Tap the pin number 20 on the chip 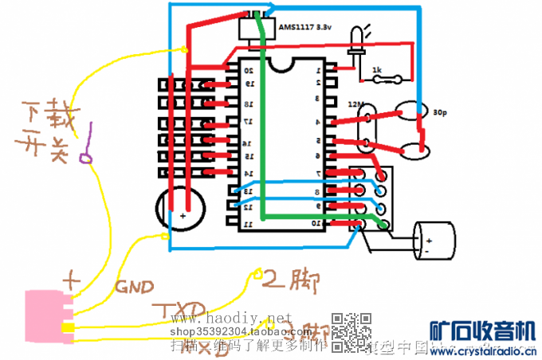tap(249, 70)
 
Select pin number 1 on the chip tap(317, 69)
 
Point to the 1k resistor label tap(378, 71)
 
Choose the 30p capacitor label tap(440, 113)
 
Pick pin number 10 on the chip tap(317, 224)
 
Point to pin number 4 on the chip tap(317, 122)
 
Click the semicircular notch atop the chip tap(283, 63)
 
